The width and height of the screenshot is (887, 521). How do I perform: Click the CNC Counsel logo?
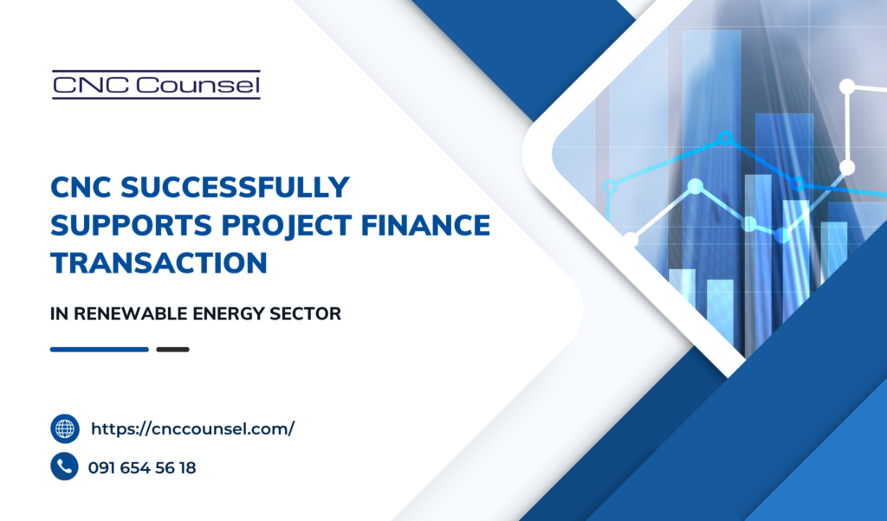(156, 85)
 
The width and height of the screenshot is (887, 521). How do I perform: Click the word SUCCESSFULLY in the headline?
(235, 187)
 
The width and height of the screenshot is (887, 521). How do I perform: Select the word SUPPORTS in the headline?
(132, 225)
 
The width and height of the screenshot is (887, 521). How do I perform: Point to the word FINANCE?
(425, 225)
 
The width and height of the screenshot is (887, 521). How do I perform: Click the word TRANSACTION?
(159, 263)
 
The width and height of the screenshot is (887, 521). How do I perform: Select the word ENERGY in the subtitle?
(229, 313)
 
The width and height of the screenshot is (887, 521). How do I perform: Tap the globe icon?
(64, 429)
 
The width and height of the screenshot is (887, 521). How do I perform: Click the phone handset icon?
(64, 466)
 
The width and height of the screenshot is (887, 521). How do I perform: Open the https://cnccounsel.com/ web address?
(193, 429)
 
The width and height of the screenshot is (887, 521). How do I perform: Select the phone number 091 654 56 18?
(142, 468)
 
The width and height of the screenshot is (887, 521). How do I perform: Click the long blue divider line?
(100, 350)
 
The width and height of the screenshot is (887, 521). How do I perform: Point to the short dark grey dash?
(172, 350)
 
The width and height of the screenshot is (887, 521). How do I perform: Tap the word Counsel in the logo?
(198, 86)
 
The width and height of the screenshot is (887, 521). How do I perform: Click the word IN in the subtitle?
(60, 313)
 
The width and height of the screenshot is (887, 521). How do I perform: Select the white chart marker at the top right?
(847, 87)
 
